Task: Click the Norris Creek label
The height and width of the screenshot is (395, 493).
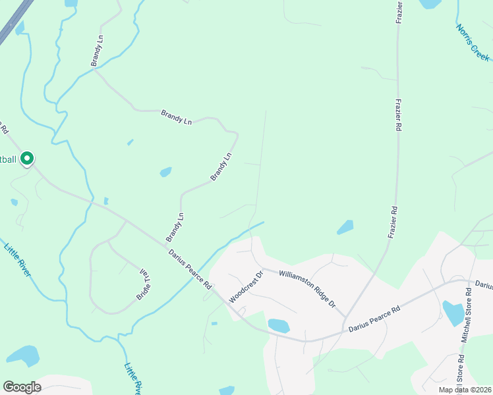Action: [x=473, y=42]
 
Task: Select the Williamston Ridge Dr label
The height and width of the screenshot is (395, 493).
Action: [x=308, y=290]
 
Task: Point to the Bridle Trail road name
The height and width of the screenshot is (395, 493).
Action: [x=143, y=284]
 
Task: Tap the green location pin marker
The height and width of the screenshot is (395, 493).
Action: [x=27, y=159]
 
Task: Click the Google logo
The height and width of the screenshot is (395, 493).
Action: [x=22, y=387]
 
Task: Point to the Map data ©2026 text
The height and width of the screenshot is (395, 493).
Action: [x=465, y=390]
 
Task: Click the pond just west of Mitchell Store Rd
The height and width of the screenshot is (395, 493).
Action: [x=453, y=313]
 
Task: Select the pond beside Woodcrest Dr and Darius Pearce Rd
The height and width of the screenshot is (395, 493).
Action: [x=279, y=325]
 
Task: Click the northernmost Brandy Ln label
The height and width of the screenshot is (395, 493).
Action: [x=98, y=51]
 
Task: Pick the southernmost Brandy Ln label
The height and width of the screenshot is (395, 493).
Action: [x=175, y=226]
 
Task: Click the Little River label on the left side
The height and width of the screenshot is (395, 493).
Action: [x=18, y=260]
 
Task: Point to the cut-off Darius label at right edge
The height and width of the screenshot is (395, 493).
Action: [x=484, y=285]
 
